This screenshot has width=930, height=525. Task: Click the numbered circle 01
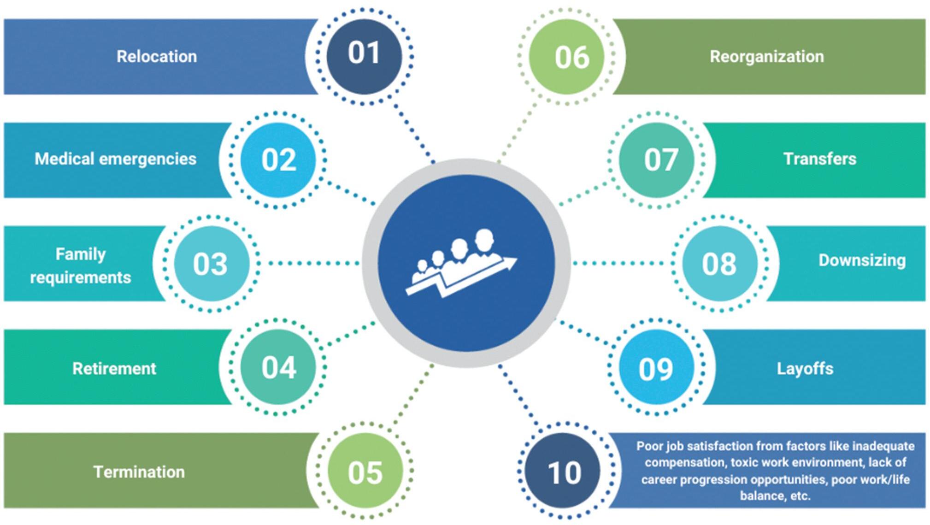click(364, 56)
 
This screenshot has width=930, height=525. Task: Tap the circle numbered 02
click(278, 159)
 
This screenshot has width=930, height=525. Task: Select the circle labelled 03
click(211, 263)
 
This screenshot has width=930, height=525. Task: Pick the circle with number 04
click(278, 367)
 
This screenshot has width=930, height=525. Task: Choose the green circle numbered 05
click(365, 471)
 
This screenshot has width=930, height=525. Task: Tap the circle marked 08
click(719, 263)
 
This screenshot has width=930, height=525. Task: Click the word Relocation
click(157, 56)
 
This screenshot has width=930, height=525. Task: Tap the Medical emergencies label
click(115, 159)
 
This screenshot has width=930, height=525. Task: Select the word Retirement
click(114, 368)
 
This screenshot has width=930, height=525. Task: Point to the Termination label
click(139, 472)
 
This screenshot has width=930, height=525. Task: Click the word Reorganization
click(766, 56)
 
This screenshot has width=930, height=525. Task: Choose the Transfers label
click(819, 159)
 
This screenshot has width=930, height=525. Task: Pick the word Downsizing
click(862, 260)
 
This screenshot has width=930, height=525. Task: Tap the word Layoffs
click(805, 368)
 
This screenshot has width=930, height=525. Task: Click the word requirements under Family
click(81, 277)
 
